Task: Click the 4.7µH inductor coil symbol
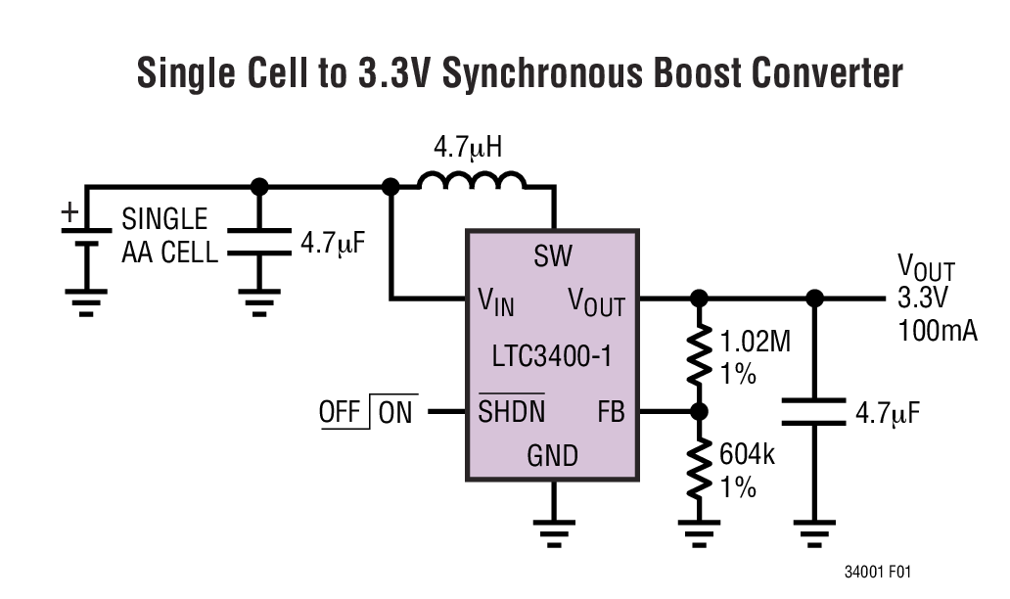(x=472, y=181)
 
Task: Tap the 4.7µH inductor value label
(x=470, y=149)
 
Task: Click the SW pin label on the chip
(x=553, y=256)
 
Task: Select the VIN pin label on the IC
(x=496, y=302)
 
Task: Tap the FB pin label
(x=611, y=412)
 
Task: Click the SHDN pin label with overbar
(x=512, y=412)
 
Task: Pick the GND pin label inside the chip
(x=553, y=456)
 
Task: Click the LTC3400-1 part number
(x=553, y=356)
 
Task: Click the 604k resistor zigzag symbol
(x=699, y=468)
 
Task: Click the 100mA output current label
(x=937, y=330)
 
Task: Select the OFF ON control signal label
(x=366, y=412)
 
